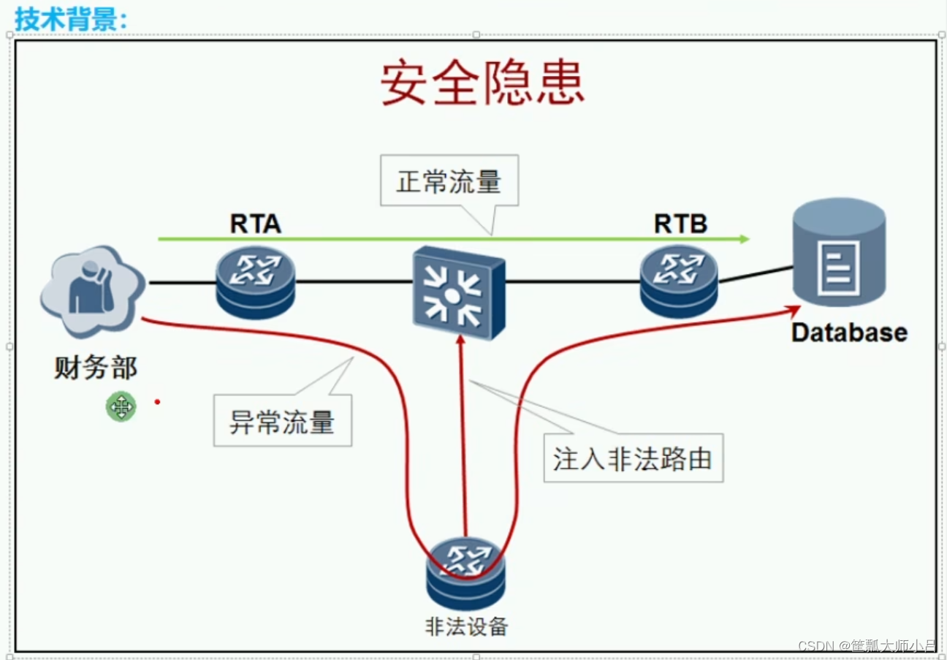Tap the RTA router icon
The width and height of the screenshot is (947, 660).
(255, 282)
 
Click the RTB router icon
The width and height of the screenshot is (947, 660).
(678, 281)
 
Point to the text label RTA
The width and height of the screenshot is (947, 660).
(255, 224)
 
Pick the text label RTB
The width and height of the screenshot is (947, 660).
(680, 224)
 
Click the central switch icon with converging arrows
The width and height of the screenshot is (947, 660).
(457, 292)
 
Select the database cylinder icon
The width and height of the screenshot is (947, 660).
(839, 252)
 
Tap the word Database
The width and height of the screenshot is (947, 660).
(848, 333)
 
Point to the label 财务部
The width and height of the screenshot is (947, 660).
(96, 368)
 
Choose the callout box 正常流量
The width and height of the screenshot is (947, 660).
(449, 181)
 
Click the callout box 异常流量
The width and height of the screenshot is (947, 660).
(282, 421)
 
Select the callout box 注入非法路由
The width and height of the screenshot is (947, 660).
(633, 459)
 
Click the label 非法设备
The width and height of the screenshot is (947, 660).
(465, 626)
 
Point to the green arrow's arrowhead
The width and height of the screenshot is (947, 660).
(745, 239)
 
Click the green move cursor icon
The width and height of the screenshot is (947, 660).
(121, 406)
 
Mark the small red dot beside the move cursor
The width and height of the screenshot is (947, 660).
(157, 401)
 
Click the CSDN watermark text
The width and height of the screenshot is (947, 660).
(867, 646)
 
